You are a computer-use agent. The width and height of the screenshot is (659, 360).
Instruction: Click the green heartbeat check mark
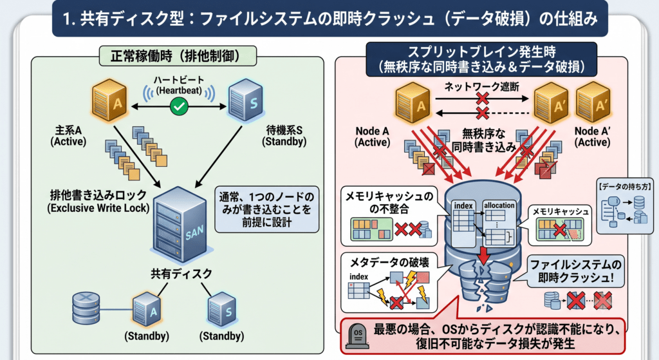coord(179,106)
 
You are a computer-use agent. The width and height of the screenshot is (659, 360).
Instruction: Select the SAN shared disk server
coord(180,225)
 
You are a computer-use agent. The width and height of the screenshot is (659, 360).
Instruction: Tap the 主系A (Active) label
coord(68,136)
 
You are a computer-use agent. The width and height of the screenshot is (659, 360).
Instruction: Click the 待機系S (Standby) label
coord(284,136)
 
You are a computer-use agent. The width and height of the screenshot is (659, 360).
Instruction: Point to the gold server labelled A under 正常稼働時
coord(109,100)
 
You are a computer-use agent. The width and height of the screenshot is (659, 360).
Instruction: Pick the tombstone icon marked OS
coord(358,336)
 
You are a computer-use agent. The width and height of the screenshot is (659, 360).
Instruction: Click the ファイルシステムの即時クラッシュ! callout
coord(575,271)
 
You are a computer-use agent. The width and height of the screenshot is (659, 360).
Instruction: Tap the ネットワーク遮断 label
coord(481,87)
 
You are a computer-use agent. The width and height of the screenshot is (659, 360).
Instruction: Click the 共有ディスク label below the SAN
coord(181,274)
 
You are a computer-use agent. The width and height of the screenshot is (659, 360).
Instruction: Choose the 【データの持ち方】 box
coord(624,206)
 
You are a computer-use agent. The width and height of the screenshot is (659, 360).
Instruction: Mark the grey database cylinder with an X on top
coord(86,308)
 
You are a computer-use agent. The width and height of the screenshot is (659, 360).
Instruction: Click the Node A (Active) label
coord(372,137)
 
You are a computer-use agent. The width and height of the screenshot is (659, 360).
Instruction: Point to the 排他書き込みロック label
coord(98,201)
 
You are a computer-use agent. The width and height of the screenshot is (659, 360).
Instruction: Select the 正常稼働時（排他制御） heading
coord(178,56)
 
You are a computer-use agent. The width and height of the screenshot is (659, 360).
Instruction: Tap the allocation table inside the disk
coord(499,223)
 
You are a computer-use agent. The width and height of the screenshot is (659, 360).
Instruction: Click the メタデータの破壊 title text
coord(389,262)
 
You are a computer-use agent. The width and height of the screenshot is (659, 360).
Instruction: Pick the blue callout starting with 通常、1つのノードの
coord(267,209)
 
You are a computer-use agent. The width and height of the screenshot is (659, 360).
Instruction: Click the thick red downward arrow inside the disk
coord(484,254)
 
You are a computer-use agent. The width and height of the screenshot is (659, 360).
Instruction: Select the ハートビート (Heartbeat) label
coord(179,85)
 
